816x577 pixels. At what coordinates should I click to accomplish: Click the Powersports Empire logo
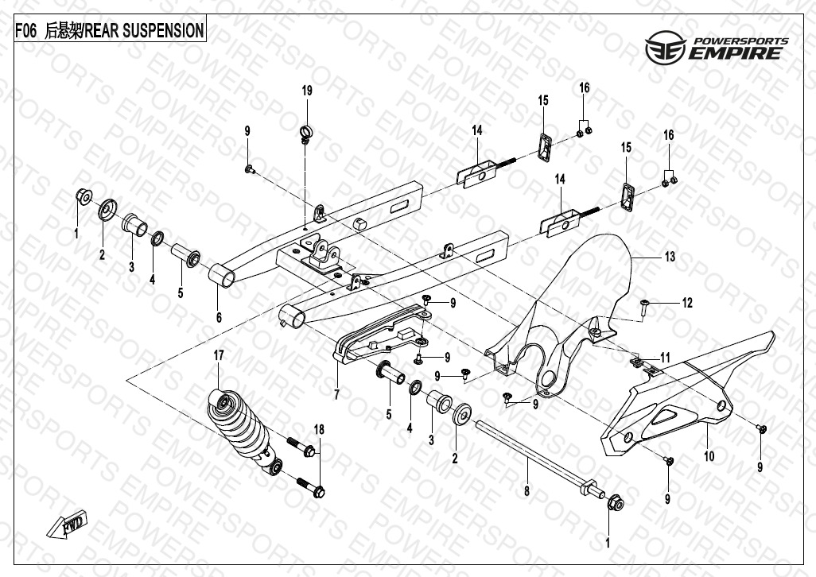point(716,49)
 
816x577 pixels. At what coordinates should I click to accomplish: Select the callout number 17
point(220,355)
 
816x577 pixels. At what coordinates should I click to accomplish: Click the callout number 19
point(307,91)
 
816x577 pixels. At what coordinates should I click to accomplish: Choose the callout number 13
point(670,257)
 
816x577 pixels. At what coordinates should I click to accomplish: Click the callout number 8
point(527,492)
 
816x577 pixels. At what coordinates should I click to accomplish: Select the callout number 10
point(709,456)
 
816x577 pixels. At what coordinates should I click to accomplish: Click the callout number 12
point(687,303)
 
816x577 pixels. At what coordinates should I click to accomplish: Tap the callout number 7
point(336,394)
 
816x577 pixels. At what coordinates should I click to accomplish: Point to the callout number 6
point(219,317)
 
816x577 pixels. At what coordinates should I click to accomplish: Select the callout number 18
point(319,430)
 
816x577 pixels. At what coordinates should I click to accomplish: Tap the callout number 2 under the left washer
point(102,255)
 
